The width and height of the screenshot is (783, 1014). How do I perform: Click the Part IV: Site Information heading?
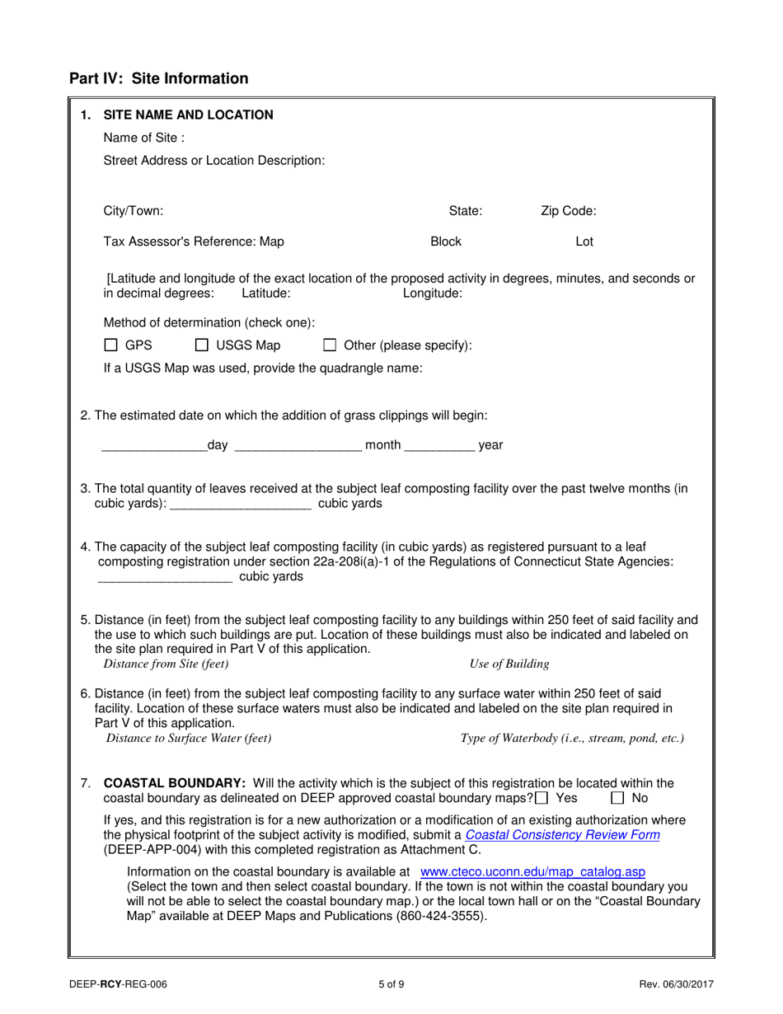click(158, 79)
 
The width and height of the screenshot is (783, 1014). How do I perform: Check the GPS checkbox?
click(111, 345)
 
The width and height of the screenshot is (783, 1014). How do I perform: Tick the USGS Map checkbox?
click(202, 345)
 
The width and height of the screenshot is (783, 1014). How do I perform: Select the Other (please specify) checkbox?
click(330, 345)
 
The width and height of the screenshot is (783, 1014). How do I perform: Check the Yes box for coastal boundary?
click(542, 798)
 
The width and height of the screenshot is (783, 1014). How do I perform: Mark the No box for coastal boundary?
click(617, 798)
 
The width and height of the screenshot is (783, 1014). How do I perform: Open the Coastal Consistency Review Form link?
click(562, 835)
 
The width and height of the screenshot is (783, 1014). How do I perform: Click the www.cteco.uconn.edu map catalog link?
click(532, 871)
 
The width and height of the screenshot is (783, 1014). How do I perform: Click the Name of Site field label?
click(143, 138)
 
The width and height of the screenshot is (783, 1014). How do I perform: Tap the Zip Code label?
click(568, 211)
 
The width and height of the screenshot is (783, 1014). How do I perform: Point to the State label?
click(465, 211)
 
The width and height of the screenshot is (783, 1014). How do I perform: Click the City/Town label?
click(134, 211)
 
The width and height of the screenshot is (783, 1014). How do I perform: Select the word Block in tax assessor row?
click(446, 242)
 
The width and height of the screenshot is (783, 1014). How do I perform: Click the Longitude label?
click(433, 293)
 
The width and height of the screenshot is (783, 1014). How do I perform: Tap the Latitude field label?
click(265, 293)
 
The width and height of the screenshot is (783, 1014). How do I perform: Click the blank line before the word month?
click(298, 446)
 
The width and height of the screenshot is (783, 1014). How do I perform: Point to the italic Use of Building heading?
click(509, 664)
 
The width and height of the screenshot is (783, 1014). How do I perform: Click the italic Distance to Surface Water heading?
click(189, 738)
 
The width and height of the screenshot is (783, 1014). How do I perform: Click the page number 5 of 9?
click(391, 983)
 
